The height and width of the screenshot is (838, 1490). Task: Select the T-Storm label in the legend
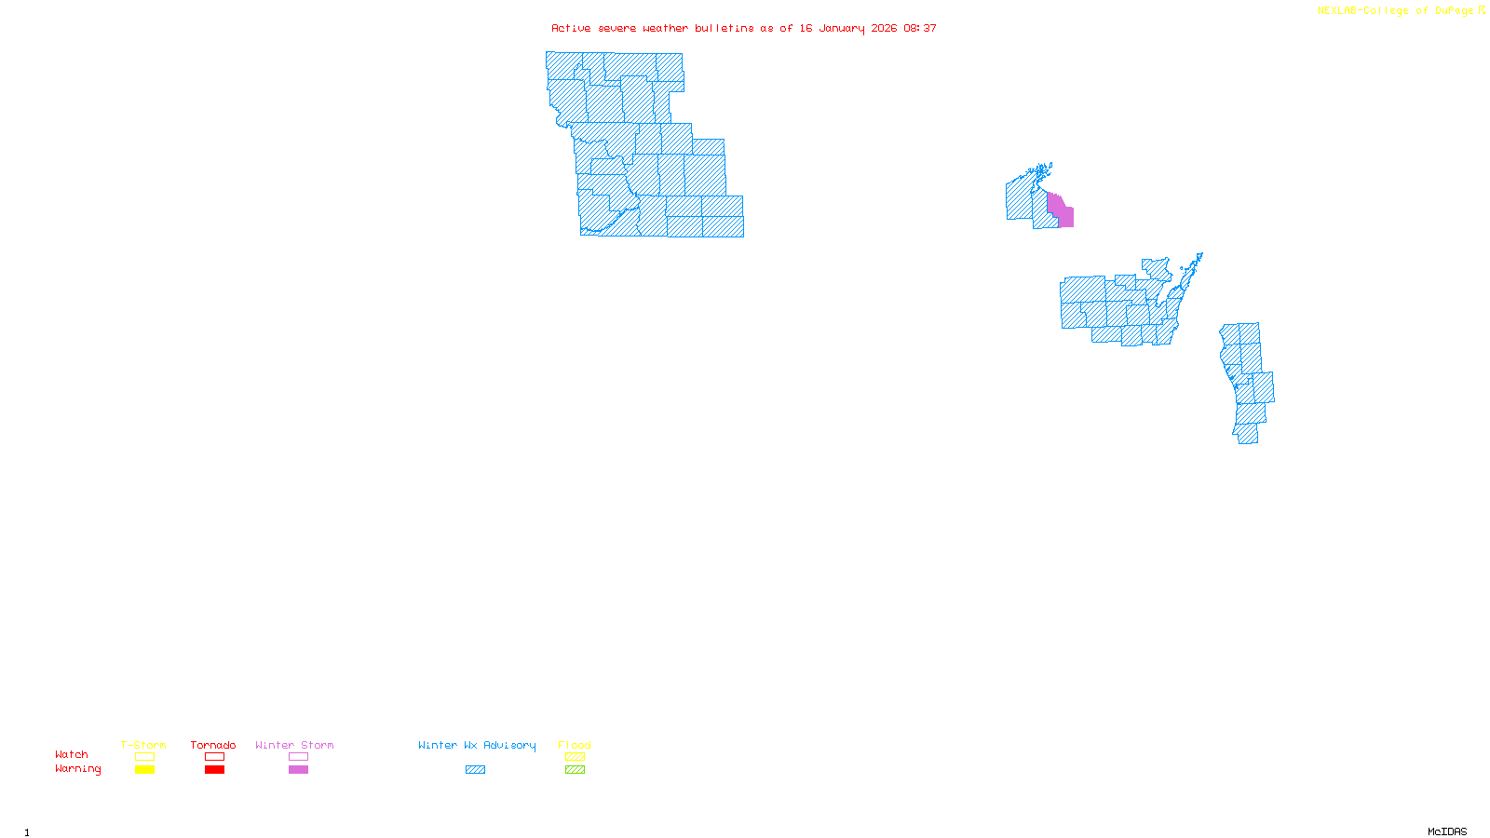pyautogui.click(x=143, y=745)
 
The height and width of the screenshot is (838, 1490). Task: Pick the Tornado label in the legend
pyautogui.click(x=213, y=745)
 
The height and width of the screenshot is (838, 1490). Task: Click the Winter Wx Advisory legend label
pyautogui.click(x=477, y=745)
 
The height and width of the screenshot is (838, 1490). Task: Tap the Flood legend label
pyautogui.click(x=575, y=745)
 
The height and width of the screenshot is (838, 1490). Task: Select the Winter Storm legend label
pyautogui.click(x=294, y=745)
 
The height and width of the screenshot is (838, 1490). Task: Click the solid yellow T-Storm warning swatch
pyautogui.click(x=144, y=770)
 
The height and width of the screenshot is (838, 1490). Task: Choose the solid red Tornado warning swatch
pyautogui.click(x=214, y=770)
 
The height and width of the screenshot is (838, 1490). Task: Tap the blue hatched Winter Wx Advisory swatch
pyautogui.click(x=475, y=770)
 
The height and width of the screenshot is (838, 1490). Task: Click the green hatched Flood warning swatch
pyautogui.click(x=575, y=770)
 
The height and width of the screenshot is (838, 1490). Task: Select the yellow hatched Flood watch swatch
pyautogui.click(x=575, y=757)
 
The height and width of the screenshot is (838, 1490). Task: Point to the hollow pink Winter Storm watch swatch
pyautogui.click(x=298, y=757)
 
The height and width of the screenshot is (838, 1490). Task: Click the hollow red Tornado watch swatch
pyautogui.click(x=214, y=757)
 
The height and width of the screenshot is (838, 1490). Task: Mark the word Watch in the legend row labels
pyautogui.click(x=72, y=754)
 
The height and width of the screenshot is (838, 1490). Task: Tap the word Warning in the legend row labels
pyautogui.click(x=77, y=769)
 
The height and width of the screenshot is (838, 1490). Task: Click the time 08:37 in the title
pyautogui.click(x=920, y=28)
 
